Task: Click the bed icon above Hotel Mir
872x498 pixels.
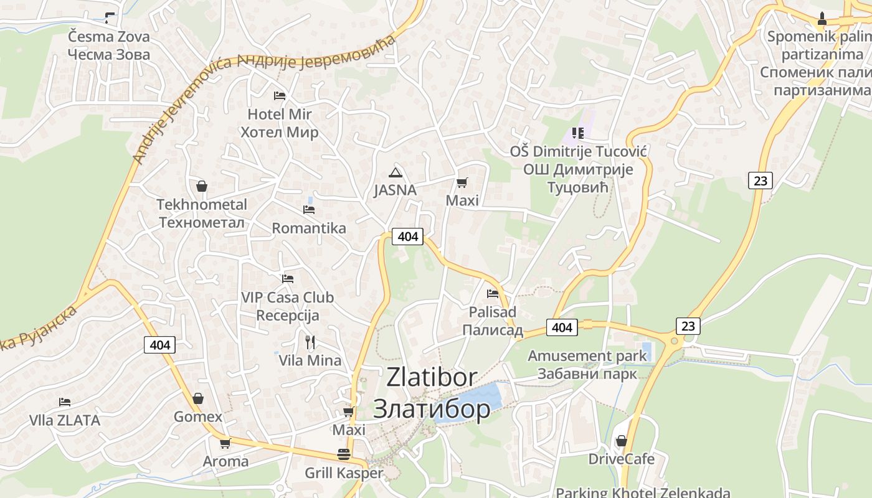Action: [x=280, y=96]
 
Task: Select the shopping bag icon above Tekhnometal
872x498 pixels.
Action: [x=202, y=186]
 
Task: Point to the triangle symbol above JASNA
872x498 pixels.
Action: [x=394, y=172]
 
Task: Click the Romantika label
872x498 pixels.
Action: [x=309, y=228]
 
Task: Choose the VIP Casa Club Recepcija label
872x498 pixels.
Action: [x=288, y=306]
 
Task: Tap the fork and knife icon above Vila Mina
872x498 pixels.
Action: [x=310, y=342]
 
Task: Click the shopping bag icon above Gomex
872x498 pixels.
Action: [x=198, y=398]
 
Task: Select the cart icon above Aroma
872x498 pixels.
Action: [x=225, y=443]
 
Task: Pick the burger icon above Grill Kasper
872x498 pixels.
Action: [x=343, y=454]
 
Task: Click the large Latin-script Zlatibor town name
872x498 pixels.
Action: [x=432, y=377]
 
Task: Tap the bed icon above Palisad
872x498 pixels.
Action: [x=493, y=293]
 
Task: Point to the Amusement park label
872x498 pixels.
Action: [x=587, y=356]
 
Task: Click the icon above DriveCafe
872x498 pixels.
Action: [x=621, y=441]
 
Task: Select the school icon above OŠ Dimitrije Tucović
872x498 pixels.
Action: [x=577, y=133]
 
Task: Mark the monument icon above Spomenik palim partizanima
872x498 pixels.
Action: [x=822, y=19]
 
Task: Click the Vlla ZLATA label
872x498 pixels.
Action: [x=65, y=420]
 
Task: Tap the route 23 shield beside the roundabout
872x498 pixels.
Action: [x=688, y=326]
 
